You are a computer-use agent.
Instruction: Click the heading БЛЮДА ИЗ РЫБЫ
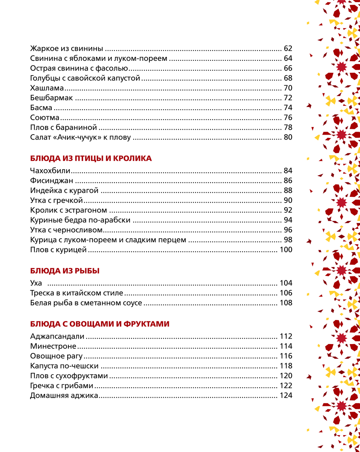click(x=65, y=271)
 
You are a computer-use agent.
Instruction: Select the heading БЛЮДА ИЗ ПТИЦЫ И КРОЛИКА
click(x=91, y=158)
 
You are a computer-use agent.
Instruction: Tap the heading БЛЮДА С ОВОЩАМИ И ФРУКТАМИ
click(x=100, y=324)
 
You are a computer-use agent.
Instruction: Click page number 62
click(x=288, y=49)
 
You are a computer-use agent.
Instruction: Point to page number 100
click(x=286, y=250)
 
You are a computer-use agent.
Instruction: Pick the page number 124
click(x=286, y=395)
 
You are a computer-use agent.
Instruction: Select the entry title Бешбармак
click(x=51, y=98)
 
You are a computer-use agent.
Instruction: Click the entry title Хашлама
click(x=47, y=88)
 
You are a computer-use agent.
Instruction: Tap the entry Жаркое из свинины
click(x=67, y=49)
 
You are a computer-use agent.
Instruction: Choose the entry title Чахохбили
click(x=50, y=171)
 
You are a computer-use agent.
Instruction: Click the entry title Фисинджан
click(x=51, y=181)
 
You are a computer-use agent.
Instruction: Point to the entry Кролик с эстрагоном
click(x=68, y=210)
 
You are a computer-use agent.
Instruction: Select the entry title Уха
click(x=36, y=283)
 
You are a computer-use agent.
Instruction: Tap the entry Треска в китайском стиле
click(x=76, y=293)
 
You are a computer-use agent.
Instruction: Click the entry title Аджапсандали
click(x=57, y=336)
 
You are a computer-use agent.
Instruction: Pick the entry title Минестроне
click(x=53, y=346)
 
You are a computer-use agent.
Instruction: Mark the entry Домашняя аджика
click(x=64, y=395)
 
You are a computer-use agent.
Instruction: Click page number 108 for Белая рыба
click(x=286, y=303)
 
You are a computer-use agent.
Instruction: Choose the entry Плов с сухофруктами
click(x=69, y=376)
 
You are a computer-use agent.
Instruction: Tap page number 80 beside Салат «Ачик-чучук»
click(x=288, y=137)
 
